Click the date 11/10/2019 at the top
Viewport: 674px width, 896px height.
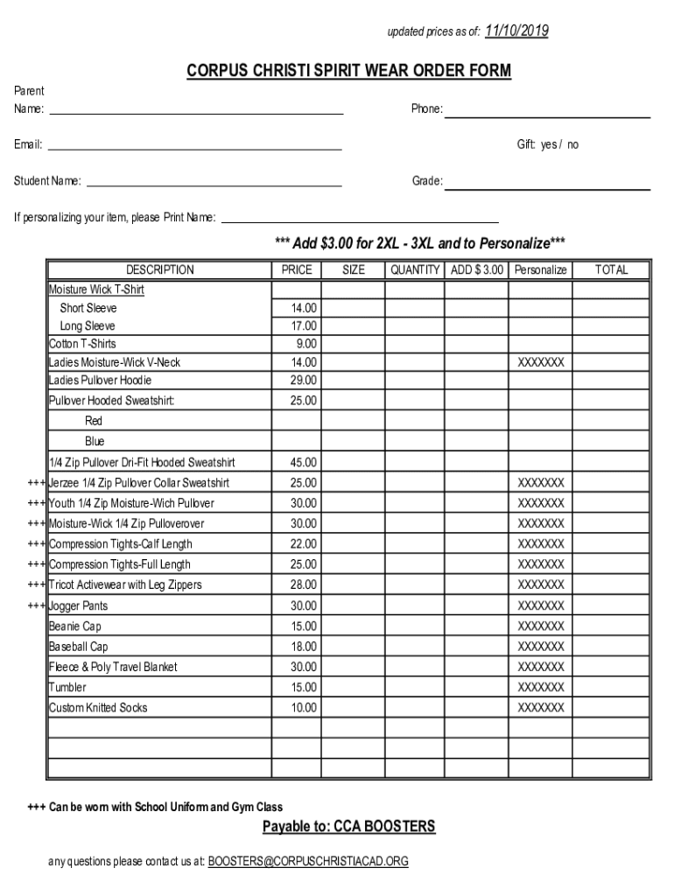pos(516,31)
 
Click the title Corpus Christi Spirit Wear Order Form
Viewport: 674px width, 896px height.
pos(348,71)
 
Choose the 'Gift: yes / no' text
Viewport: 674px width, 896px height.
pos(547,145)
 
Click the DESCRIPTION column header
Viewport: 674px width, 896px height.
pos(159,270)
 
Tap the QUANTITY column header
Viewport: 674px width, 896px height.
pos(415,270)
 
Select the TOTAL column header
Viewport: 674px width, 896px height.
pos(611,270)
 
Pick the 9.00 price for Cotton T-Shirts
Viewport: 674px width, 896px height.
pos(306,344)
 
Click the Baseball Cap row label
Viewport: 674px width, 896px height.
pos(79,647)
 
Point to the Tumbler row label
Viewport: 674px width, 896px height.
pos(67,688)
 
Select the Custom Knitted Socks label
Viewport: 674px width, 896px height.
pos(98,708)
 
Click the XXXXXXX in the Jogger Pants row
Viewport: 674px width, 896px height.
pos(541,606)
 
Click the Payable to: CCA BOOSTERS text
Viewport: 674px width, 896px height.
pos(348,827)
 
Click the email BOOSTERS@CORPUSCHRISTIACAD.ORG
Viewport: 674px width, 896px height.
pos(308,862)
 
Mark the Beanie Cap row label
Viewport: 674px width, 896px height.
pos(75,626)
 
